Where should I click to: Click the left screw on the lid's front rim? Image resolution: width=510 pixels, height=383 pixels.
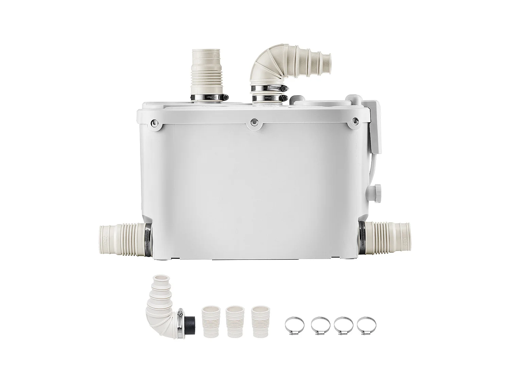pos(155,123)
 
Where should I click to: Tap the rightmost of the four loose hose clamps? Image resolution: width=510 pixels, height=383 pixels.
pos(367,325)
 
